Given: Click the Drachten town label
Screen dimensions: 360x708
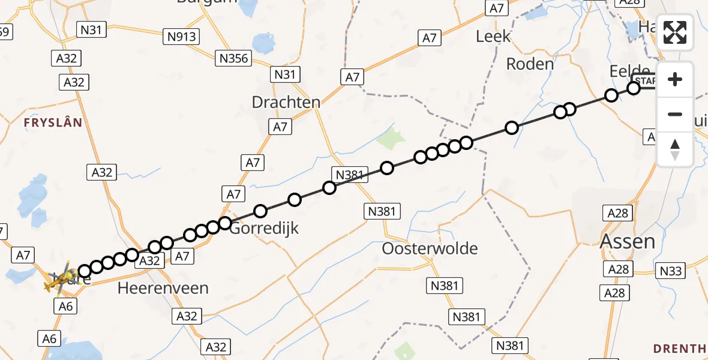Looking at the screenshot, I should click(286, 102).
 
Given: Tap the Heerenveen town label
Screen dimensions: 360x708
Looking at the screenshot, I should click(163, 288).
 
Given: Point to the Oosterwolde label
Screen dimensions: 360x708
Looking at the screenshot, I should click(431, 248).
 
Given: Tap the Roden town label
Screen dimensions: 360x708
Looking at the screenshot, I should click(529, 63).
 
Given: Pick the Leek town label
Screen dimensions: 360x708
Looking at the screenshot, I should click(493, 37).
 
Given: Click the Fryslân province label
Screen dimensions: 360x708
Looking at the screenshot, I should click(52, 122).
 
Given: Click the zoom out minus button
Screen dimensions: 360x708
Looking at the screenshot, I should click(675, 114).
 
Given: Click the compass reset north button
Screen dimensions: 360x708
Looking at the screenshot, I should click(675, 149).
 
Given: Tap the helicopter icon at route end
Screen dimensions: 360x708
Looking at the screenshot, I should click(59, 278).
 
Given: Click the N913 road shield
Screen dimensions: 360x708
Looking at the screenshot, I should click(182, 37).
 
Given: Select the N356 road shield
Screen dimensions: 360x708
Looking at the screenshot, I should click(233, 58).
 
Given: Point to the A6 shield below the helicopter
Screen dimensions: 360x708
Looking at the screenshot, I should click(66, 307).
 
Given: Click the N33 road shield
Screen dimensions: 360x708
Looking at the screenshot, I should click(670, 271).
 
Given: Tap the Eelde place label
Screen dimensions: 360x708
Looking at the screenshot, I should click(629, 71).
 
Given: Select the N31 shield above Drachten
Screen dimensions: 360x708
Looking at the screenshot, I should click(286, 74).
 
